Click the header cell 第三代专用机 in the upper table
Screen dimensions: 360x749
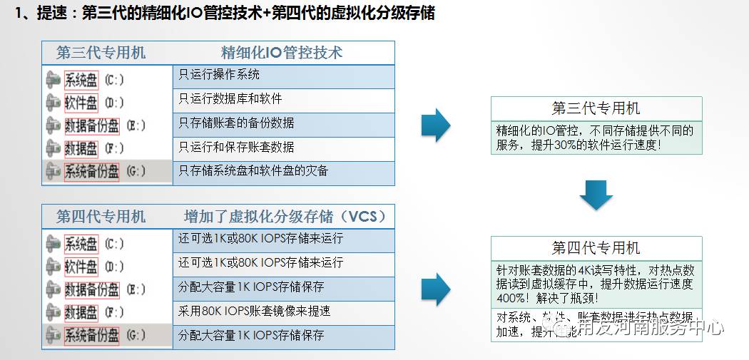(101, 53)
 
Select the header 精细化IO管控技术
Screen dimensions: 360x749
(282, 53)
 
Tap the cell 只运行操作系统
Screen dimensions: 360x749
(219, 75)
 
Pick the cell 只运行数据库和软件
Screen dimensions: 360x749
(230, 99)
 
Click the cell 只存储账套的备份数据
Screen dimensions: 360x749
(236, 123)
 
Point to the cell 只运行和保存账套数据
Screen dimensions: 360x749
(236, 148)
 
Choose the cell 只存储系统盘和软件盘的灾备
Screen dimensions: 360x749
(253, 171)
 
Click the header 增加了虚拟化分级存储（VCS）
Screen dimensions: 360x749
(285, 216)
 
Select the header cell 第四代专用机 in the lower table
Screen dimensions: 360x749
(101, 216)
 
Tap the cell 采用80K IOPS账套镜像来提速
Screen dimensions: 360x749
(255, 312)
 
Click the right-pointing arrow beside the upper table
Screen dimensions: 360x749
(435, 126)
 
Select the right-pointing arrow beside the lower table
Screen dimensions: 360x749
(435, 289)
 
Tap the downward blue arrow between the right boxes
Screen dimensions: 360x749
(596, 195)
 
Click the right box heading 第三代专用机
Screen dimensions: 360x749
(596, 108)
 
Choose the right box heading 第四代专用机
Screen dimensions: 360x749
(596, 248)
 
